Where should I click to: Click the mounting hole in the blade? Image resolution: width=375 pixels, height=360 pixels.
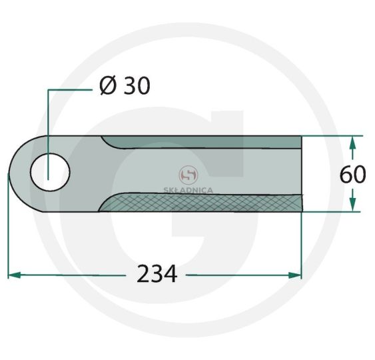(50, 173)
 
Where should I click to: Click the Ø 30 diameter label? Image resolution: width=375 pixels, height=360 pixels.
(125, 86)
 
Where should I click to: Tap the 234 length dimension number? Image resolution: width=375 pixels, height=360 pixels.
(157, 274)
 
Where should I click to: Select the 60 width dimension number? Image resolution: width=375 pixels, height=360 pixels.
(353, 174)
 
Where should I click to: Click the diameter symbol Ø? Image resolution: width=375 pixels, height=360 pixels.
(109, 86)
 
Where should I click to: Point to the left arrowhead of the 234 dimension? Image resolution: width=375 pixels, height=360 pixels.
(15, 275)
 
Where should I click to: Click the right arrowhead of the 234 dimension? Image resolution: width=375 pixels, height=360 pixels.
(295, 275)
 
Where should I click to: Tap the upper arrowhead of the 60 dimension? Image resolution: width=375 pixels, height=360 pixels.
(352, 143)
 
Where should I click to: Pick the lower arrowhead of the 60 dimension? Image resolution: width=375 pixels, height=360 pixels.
(352, 205)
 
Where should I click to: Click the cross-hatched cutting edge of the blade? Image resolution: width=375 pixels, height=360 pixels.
(201, 203)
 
